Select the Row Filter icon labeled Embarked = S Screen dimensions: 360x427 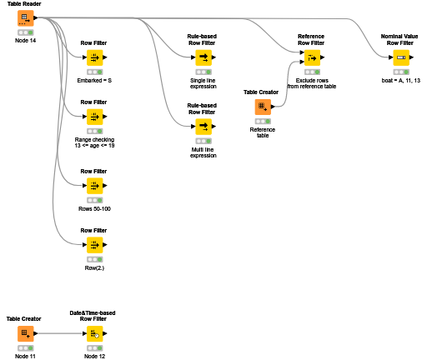(x=93, y=57)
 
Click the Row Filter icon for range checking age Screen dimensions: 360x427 (x=93, y=117)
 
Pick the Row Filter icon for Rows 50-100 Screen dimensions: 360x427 (x=93, y=186)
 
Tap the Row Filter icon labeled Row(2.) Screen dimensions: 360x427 (x=93, y=244)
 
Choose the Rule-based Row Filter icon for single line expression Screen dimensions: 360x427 (x=203, y=57)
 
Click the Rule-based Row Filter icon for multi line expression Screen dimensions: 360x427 (x=203, y=127)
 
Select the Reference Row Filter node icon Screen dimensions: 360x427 (x=311, y=57)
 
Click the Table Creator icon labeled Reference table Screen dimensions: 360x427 (x=263, y=107)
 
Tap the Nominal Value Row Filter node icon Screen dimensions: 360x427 (x=401, y=57)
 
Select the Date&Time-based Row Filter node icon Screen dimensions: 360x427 (x=93, y=334)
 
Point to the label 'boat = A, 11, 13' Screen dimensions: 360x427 (x=401, y=80)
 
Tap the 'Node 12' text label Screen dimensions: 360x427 (x=93, y=356)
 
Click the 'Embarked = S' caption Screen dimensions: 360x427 (x=93, y=80)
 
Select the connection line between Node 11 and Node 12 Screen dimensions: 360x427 (x=60, y=334)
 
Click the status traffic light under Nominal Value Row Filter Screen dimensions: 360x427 (x=401, y=72)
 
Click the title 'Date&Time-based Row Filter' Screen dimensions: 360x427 (x=93, y=315)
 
